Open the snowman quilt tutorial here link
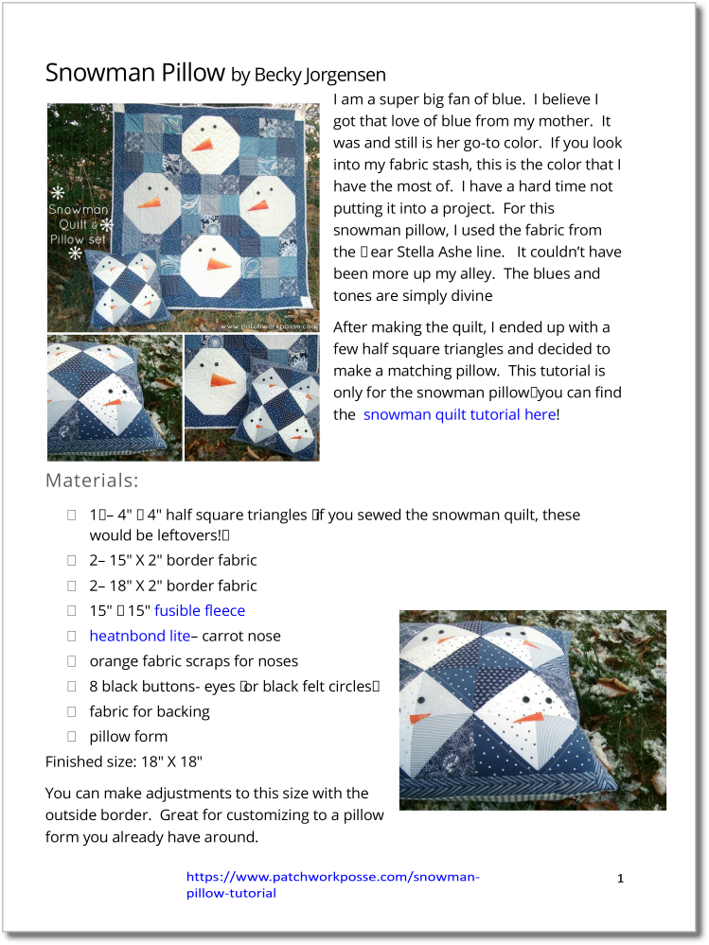click(459, 414)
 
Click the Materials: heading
click(92, 481)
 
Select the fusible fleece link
click(200, 611)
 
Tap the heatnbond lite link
click(139, 636)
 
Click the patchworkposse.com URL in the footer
click(332, 884)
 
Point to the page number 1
click(620, 879)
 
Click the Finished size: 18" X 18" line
click(123, 761)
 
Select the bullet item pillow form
click(128, 736)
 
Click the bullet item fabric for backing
click(149, 711)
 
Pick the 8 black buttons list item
click(234, 686)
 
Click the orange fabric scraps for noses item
click(193, 661)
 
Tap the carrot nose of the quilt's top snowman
click(203, 145)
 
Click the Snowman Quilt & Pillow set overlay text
click(80, 224)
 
